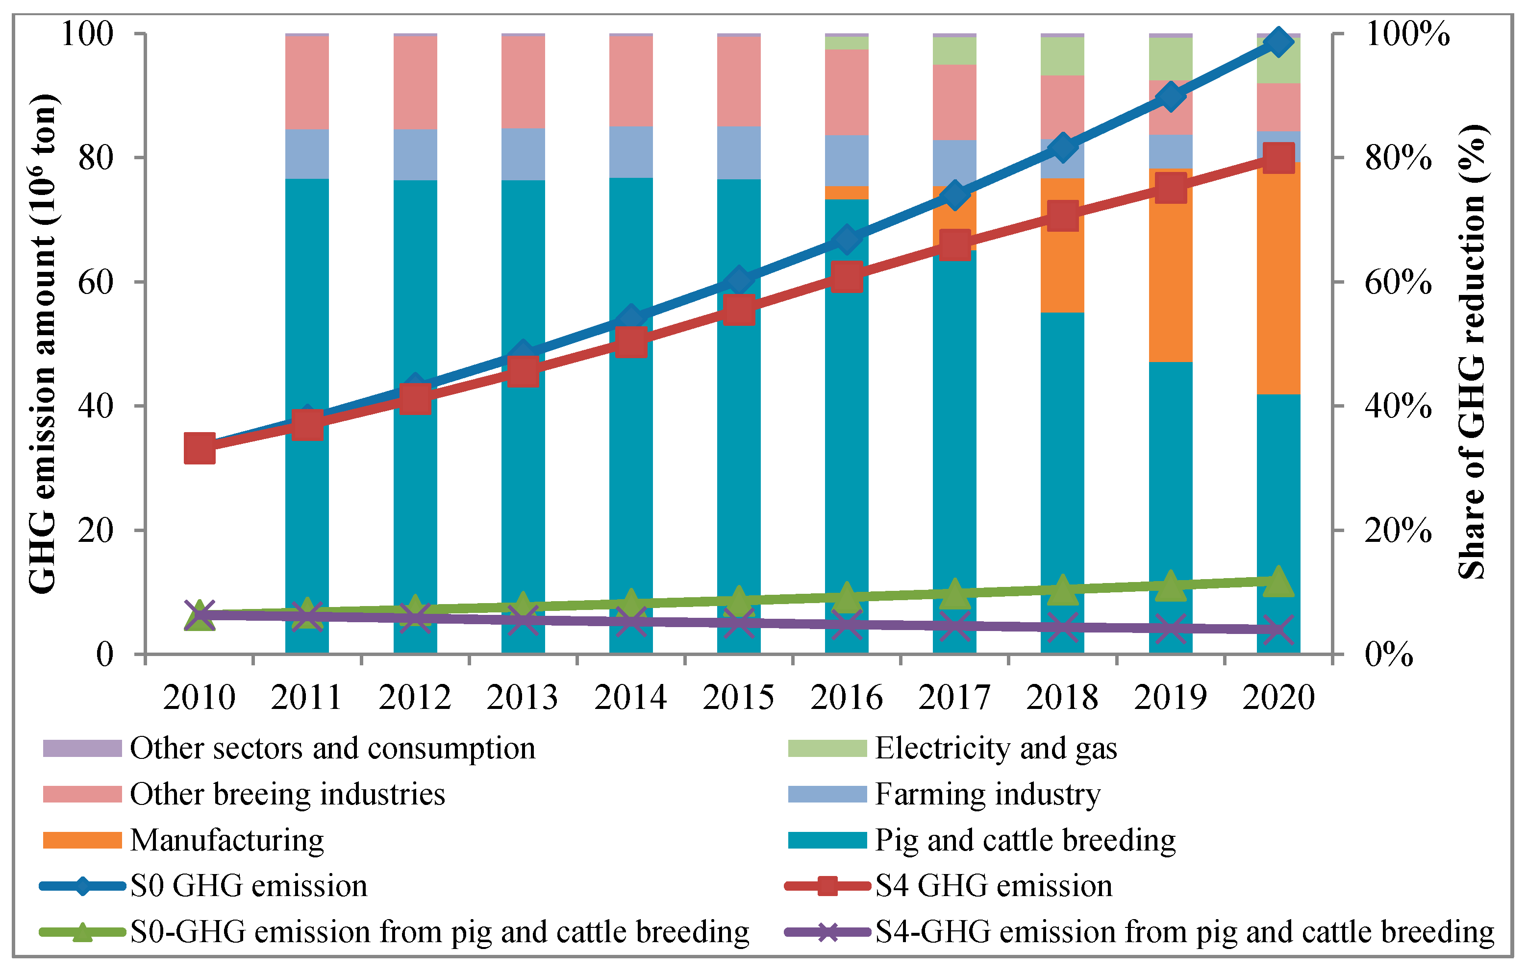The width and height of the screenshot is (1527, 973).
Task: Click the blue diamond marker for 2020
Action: [x=1278, y=43]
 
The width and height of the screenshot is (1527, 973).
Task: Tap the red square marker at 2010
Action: [x=199, y=449]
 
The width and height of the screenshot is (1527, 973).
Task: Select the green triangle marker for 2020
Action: [x=1278, y=582]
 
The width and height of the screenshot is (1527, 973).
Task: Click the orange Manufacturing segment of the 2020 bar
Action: [x=1278, y=279]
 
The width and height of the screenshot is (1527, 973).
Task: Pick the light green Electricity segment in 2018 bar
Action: [x=1062, y=56]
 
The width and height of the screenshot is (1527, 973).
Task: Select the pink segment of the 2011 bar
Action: [x=307, y=82]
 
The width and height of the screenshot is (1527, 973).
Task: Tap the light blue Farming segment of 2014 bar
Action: [x=631, y=152]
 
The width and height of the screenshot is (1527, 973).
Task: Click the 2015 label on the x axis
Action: [x=738, y=698]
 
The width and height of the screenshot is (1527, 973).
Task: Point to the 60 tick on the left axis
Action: [x=95, y=281]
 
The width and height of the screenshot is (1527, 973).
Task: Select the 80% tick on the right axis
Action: [x=1398, y=157]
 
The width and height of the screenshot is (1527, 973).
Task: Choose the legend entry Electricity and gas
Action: [x=996, y=748]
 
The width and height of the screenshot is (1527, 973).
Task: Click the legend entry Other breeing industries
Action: [x=287, y=794]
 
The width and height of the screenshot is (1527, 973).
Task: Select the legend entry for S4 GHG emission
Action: [x=993, y=885]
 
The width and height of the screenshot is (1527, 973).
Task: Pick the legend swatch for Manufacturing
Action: [x=82, y=840]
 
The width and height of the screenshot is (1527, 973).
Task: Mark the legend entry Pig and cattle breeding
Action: [x=1025, y=840]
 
